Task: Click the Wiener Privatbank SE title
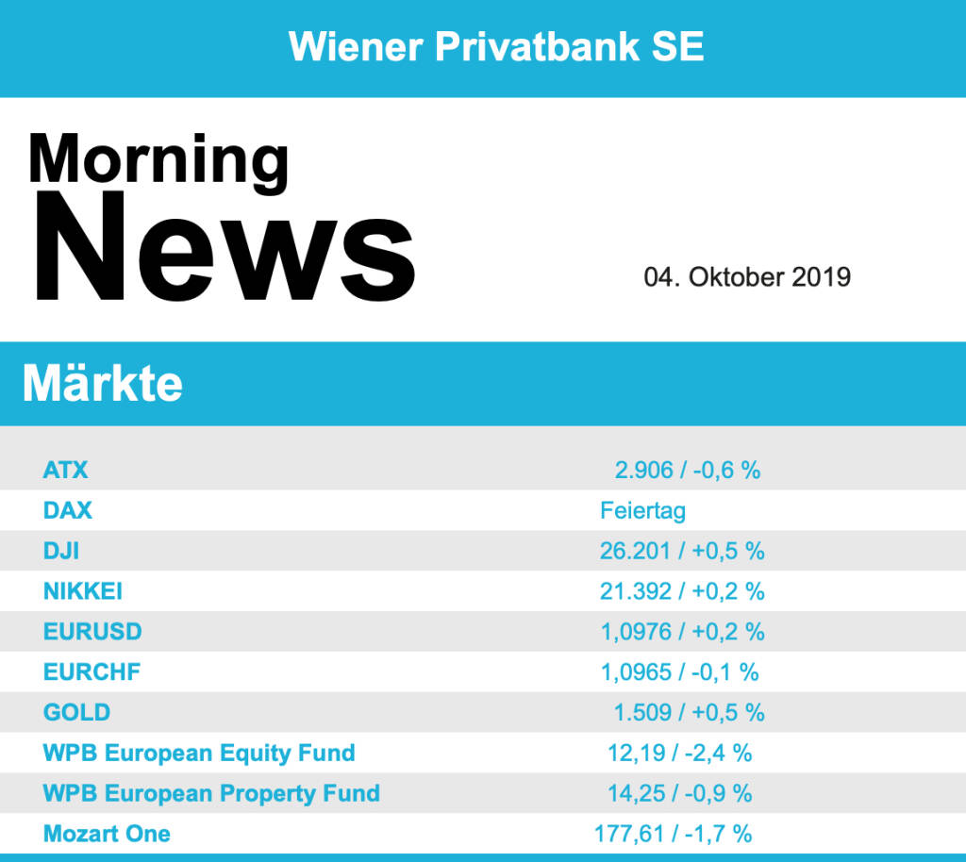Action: pos(496,46)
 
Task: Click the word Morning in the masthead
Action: pos(158,157)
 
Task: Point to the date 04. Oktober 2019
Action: pos(747,277)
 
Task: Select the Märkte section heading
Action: pos(102,384)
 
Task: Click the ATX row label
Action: pos(65,470)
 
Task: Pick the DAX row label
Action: pos(68,510)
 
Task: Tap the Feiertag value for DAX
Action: pos(642,510)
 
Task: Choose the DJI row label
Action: pos(61,551)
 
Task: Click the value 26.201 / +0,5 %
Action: pos(682,551)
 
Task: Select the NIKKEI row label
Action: pos(83,591)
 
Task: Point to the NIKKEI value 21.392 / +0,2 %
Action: pos(682,591)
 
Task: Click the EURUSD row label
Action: pos(92,632)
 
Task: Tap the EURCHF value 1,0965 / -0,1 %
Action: pos(679,672)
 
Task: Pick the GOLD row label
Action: pos(76,712)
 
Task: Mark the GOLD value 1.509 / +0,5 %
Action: pos(689,712)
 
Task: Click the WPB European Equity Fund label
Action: pos(199,753)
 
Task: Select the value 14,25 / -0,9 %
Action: pos(679,793)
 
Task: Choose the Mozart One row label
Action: pos(107,834)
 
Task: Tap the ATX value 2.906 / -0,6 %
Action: pos(687,470)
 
